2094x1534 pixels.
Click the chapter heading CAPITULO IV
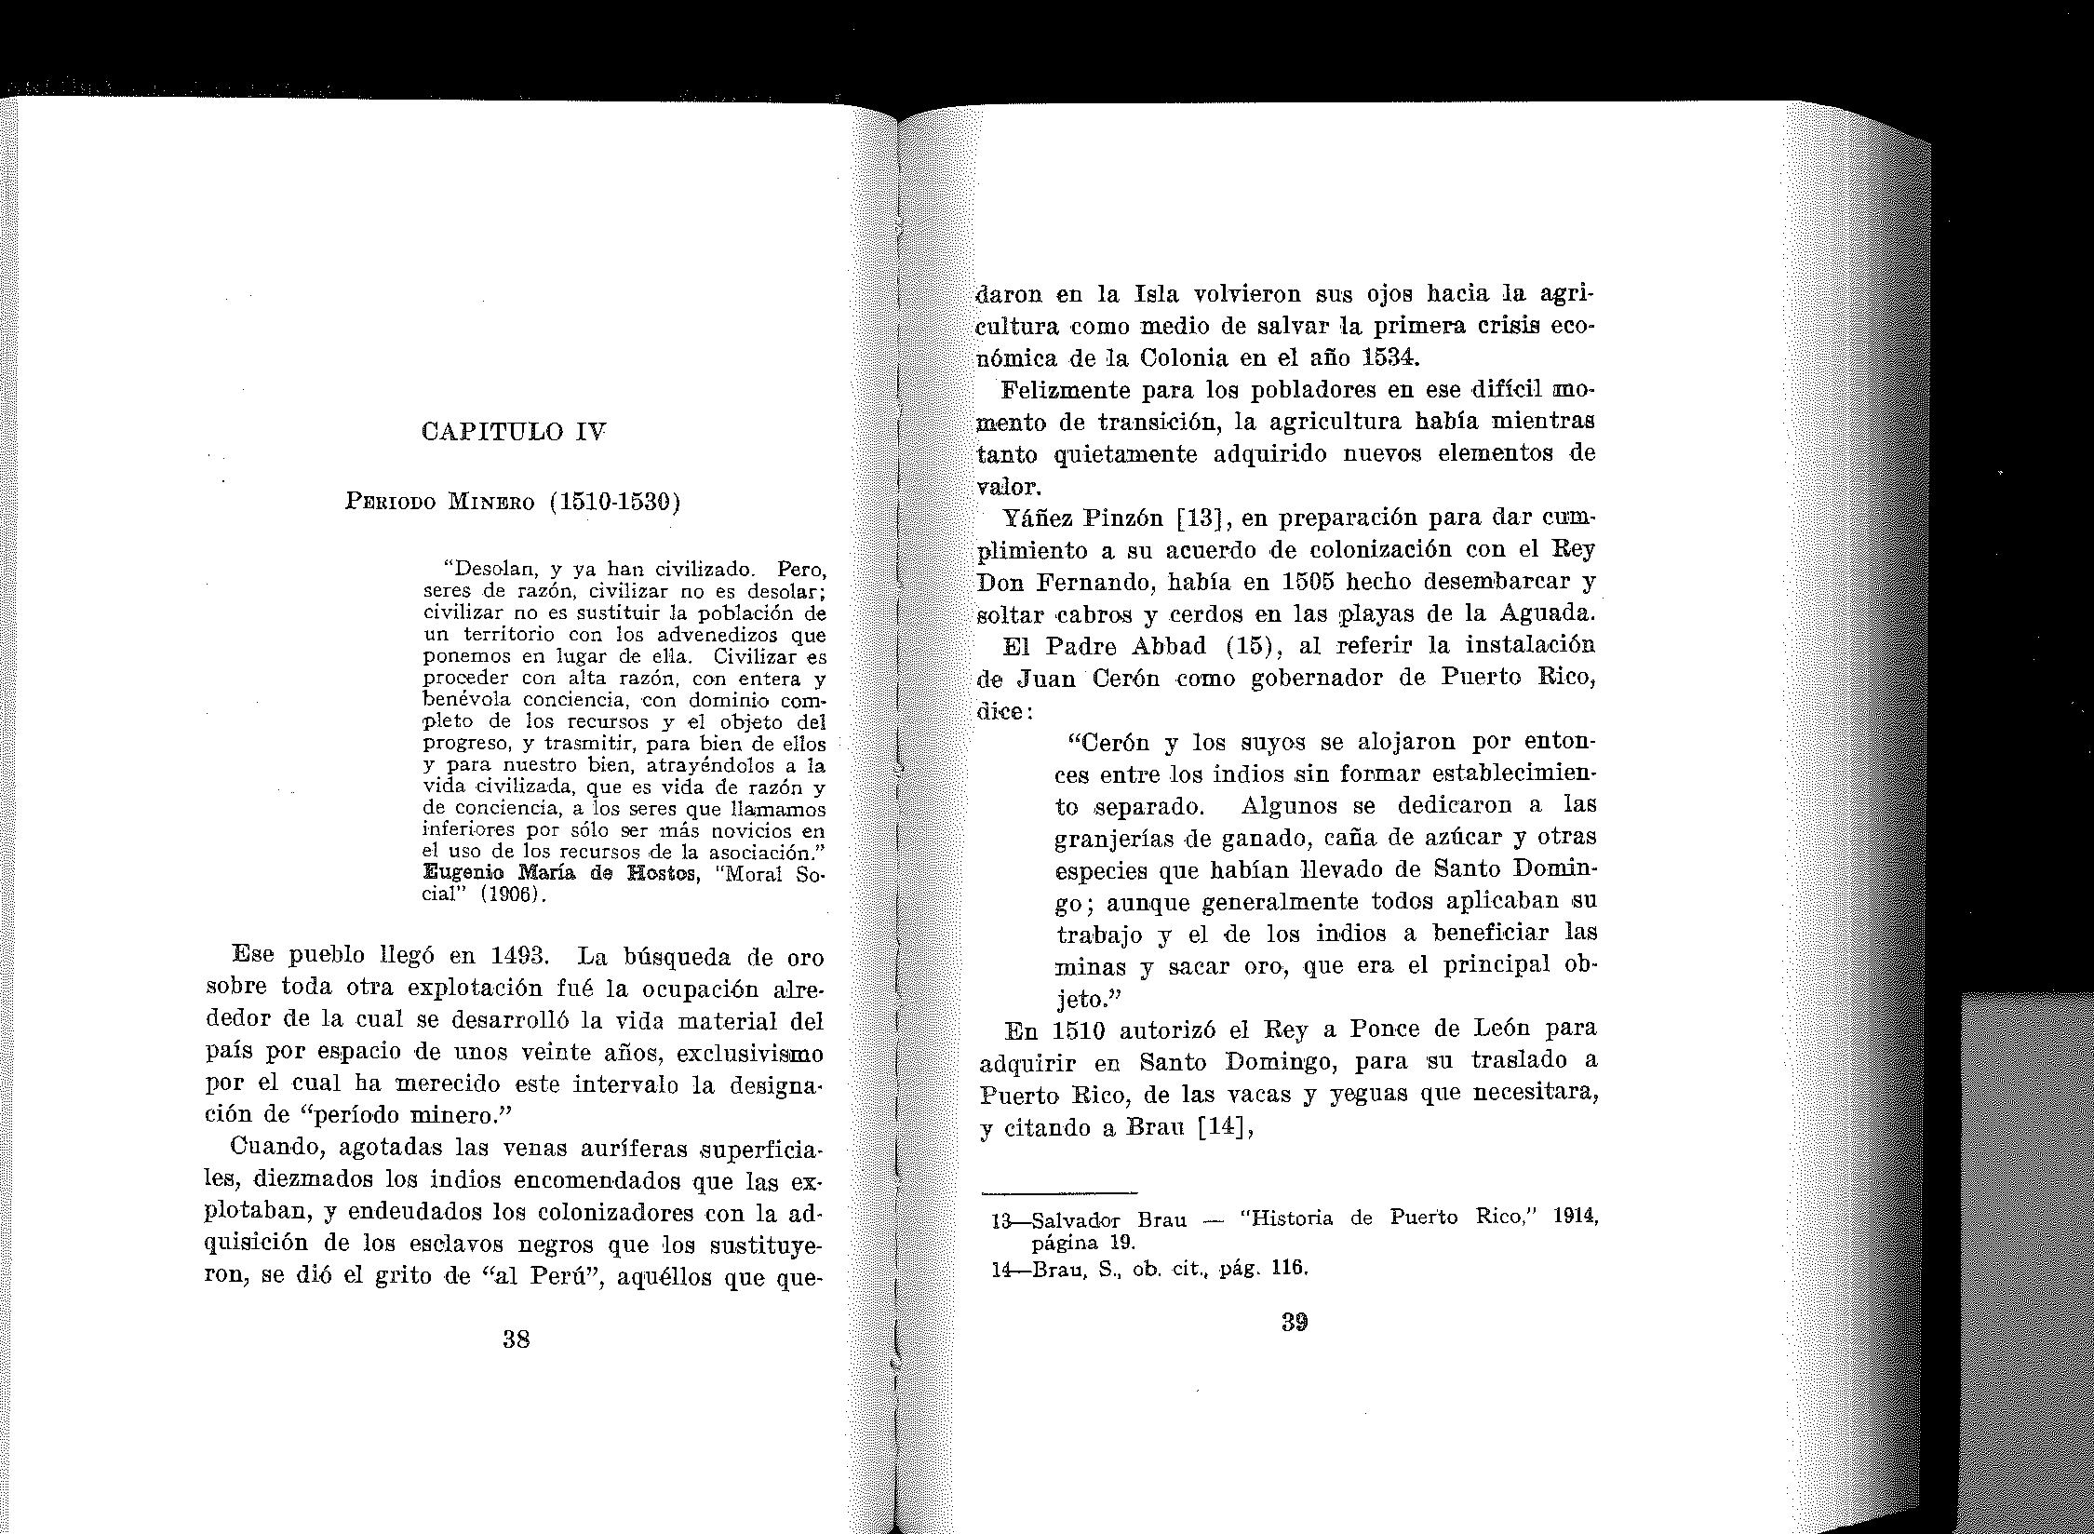(x=514, y=432)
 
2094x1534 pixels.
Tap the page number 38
(x=516, y=1339)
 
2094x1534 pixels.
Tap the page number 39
(x=1294, y=1323)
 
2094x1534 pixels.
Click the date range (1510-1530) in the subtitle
(x=614, y=503)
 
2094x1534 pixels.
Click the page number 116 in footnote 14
(x=1291, y=1267)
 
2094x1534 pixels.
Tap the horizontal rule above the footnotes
(x=1060, y=1192)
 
